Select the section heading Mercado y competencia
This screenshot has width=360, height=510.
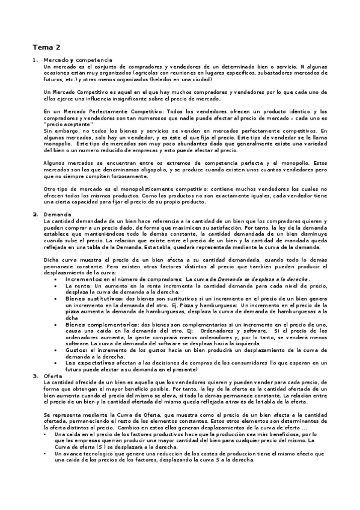[78, 60]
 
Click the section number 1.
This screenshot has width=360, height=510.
[35, 60]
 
